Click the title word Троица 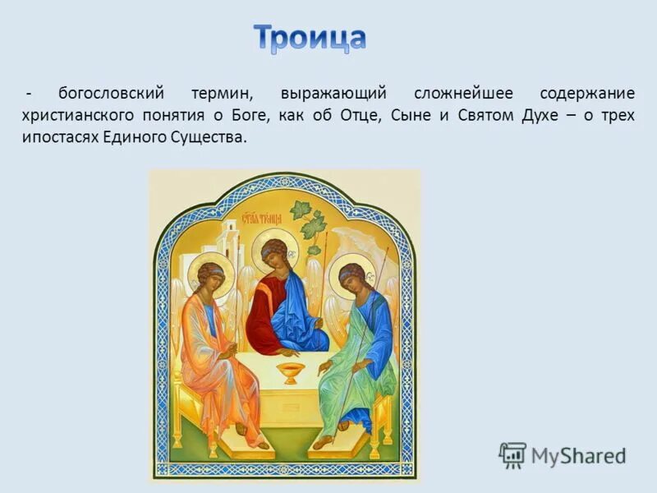(309, 38)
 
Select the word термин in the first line (221, 93)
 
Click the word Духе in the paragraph (540, 115)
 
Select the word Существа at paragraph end (211, 137)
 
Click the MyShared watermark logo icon (512, 454)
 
